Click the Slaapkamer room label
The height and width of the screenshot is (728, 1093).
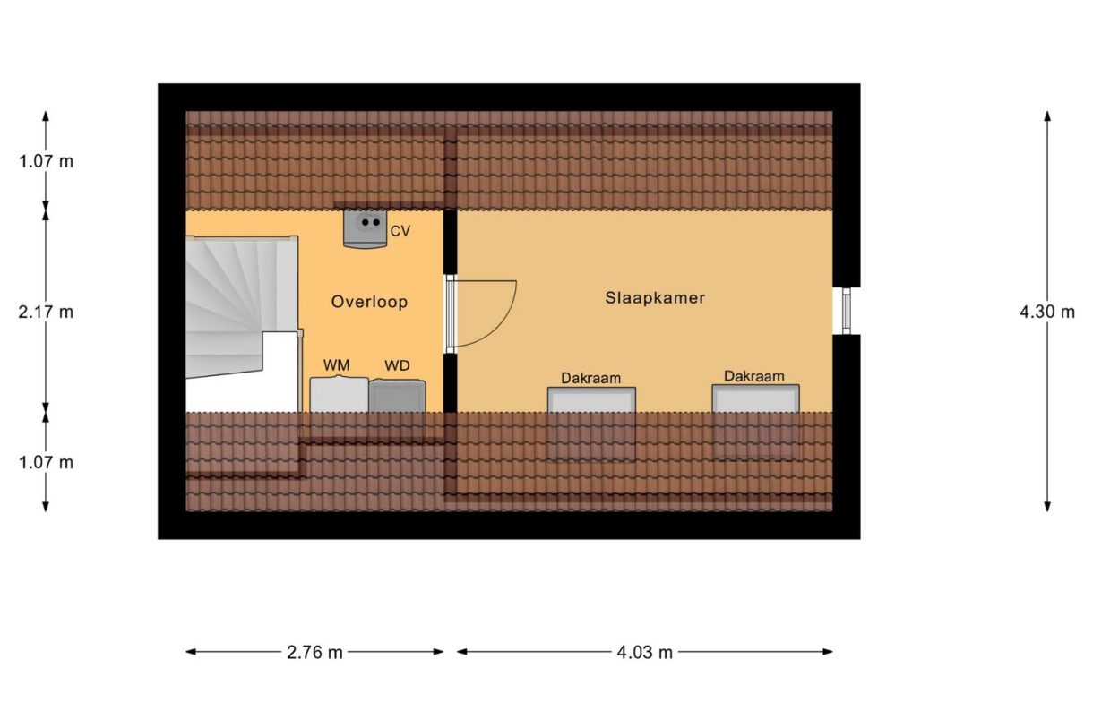pos(655,298)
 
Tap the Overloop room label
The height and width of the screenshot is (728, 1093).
pos(369,302)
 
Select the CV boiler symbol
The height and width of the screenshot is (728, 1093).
pos(366,228)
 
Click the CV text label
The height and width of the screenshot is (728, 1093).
pos(400,231)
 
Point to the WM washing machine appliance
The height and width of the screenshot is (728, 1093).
pos(339,396)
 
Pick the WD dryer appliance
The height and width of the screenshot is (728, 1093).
pos(398,396)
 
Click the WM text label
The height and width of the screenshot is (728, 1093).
pos(337,365)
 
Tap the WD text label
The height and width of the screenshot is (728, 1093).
pos(397,365)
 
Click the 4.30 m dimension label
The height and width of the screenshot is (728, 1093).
pos(1047,312)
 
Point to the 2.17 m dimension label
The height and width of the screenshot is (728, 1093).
pos(46,313)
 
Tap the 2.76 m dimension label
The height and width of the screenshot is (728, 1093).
pos(314,652)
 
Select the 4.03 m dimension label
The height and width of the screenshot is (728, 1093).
pos(644,652)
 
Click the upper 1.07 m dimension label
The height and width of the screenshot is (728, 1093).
pos(46,161)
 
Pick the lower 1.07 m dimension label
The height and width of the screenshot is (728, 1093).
pos(46,462)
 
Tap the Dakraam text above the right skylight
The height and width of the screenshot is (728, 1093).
pos(754,376)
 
